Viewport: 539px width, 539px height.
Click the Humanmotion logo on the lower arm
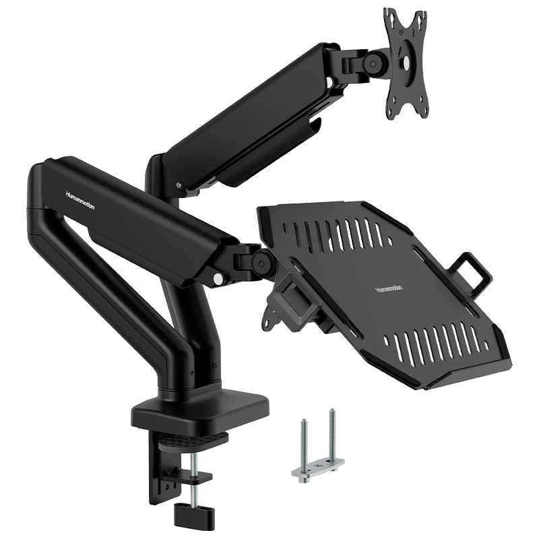click(80, 200)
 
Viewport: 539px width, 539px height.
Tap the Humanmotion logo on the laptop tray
click(389, 289)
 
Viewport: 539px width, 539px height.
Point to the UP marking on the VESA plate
click(401, 32)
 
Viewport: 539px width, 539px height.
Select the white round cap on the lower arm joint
click(217, 278)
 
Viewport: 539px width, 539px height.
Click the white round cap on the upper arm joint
click(329, 82)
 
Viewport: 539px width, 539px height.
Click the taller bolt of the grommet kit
click(331, 435)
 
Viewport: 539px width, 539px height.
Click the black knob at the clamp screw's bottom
click(189, 513)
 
